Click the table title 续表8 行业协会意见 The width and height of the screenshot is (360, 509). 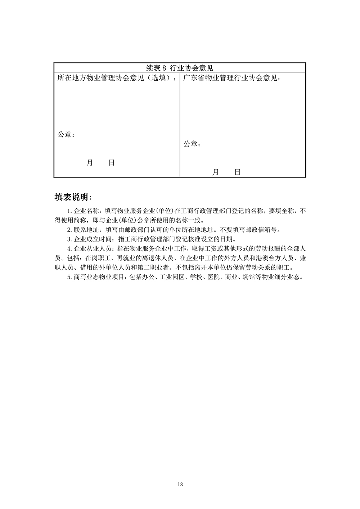180,68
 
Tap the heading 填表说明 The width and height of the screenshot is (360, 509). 73,197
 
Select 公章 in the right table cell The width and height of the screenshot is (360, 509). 190,144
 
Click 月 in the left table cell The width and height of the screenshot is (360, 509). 90,163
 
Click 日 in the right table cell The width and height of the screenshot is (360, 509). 237,172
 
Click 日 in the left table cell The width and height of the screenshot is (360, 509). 112,163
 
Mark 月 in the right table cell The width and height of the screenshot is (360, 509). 215,172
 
